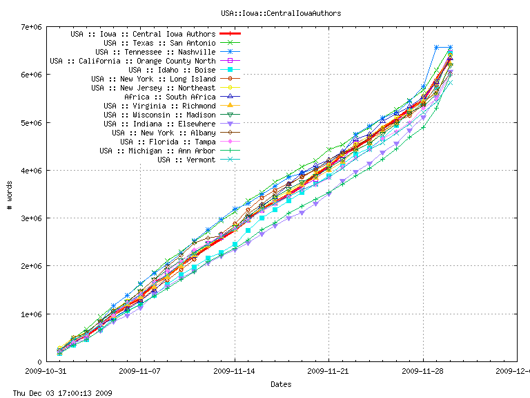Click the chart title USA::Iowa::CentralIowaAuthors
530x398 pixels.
click(281, 13)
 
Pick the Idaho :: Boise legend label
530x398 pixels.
click(172, 70)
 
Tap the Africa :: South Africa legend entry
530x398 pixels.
click(170, 97)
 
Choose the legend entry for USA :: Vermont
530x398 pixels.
click(186, 160)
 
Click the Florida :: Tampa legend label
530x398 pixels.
click(172, 142)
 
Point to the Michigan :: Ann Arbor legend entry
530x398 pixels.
click(157, 151)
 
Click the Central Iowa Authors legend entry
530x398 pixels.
click(143, 34)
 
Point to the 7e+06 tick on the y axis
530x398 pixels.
click(31, 27)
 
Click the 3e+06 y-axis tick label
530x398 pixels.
click(31, 218)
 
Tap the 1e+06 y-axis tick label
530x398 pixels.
click(31, 314)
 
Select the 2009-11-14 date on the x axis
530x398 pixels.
click(235, 370)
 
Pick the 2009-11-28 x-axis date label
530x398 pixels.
click(423, 370)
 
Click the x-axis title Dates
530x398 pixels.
click(281, 384)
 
